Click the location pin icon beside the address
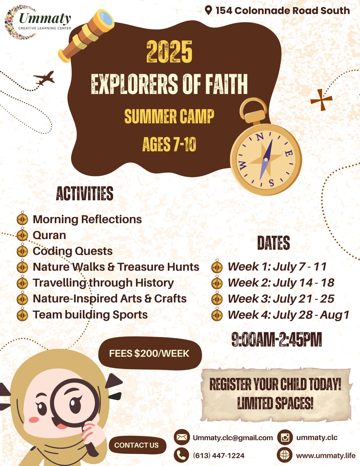[x=208, y=10]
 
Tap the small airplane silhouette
[x=44, y=78]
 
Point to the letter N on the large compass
[x=260, y=137]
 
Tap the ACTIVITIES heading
[x=84, y=193]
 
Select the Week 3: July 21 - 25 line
[x=281, y=299]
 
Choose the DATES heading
[x=273, y=243]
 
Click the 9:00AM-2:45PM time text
[x=277, y=339]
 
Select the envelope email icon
[x=182, y=437]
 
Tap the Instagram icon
[x=285, y=437]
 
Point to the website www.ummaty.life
[x=326, y=456]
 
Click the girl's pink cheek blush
[x=34, y=420]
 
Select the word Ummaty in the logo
[x=45, y=18]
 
